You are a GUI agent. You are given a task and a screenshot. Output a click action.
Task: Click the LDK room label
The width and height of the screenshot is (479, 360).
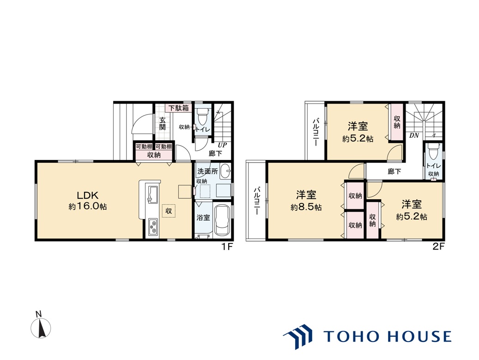coord(87,195)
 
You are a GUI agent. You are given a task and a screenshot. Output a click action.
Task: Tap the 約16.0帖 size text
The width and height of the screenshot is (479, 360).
coord(88,207)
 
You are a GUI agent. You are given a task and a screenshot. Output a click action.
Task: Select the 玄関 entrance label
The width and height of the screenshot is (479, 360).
coord(163,123)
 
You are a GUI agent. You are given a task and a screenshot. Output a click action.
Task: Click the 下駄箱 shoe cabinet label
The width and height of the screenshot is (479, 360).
coord(179,108)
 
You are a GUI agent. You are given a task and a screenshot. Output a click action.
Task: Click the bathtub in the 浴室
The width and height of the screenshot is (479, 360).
coord(222,220)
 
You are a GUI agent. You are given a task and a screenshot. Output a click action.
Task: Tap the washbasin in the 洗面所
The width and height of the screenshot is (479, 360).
coord(225,171)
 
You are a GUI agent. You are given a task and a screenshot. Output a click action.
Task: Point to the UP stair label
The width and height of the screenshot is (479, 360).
coord(222,145)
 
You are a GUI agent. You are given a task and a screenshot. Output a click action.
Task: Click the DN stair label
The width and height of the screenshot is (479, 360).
coord(414,135)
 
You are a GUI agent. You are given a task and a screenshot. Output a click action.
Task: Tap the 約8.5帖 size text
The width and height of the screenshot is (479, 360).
coord(306,207)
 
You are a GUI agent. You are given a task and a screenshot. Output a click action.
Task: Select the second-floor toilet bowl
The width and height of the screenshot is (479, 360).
coord(433,151)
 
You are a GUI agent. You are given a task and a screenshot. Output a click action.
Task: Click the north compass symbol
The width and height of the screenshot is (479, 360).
coord(41,328)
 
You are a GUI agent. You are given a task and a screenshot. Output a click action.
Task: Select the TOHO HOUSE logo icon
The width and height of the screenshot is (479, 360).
coord(298,336)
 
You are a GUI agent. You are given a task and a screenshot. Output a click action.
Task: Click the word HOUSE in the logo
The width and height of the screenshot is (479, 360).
coord(419,336)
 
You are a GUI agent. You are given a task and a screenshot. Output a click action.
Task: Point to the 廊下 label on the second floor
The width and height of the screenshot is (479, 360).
coord(394,172)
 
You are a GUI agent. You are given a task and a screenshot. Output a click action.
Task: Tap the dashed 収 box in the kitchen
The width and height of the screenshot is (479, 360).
coord(169,211)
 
